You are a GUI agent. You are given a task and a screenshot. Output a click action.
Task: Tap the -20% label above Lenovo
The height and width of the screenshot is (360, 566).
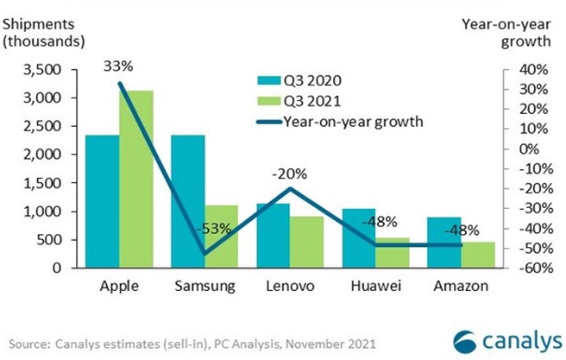(292, 171)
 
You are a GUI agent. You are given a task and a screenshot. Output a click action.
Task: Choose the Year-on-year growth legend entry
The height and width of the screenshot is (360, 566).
(341, 121)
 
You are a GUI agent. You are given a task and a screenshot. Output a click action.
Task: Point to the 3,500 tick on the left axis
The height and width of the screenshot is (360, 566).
(45, 70)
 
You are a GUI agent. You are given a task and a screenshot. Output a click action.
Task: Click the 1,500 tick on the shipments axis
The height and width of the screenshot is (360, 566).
(45, 183)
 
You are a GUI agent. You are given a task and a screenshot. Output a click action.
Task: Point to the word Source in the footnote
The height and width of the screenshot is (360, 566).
(27, 343)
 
